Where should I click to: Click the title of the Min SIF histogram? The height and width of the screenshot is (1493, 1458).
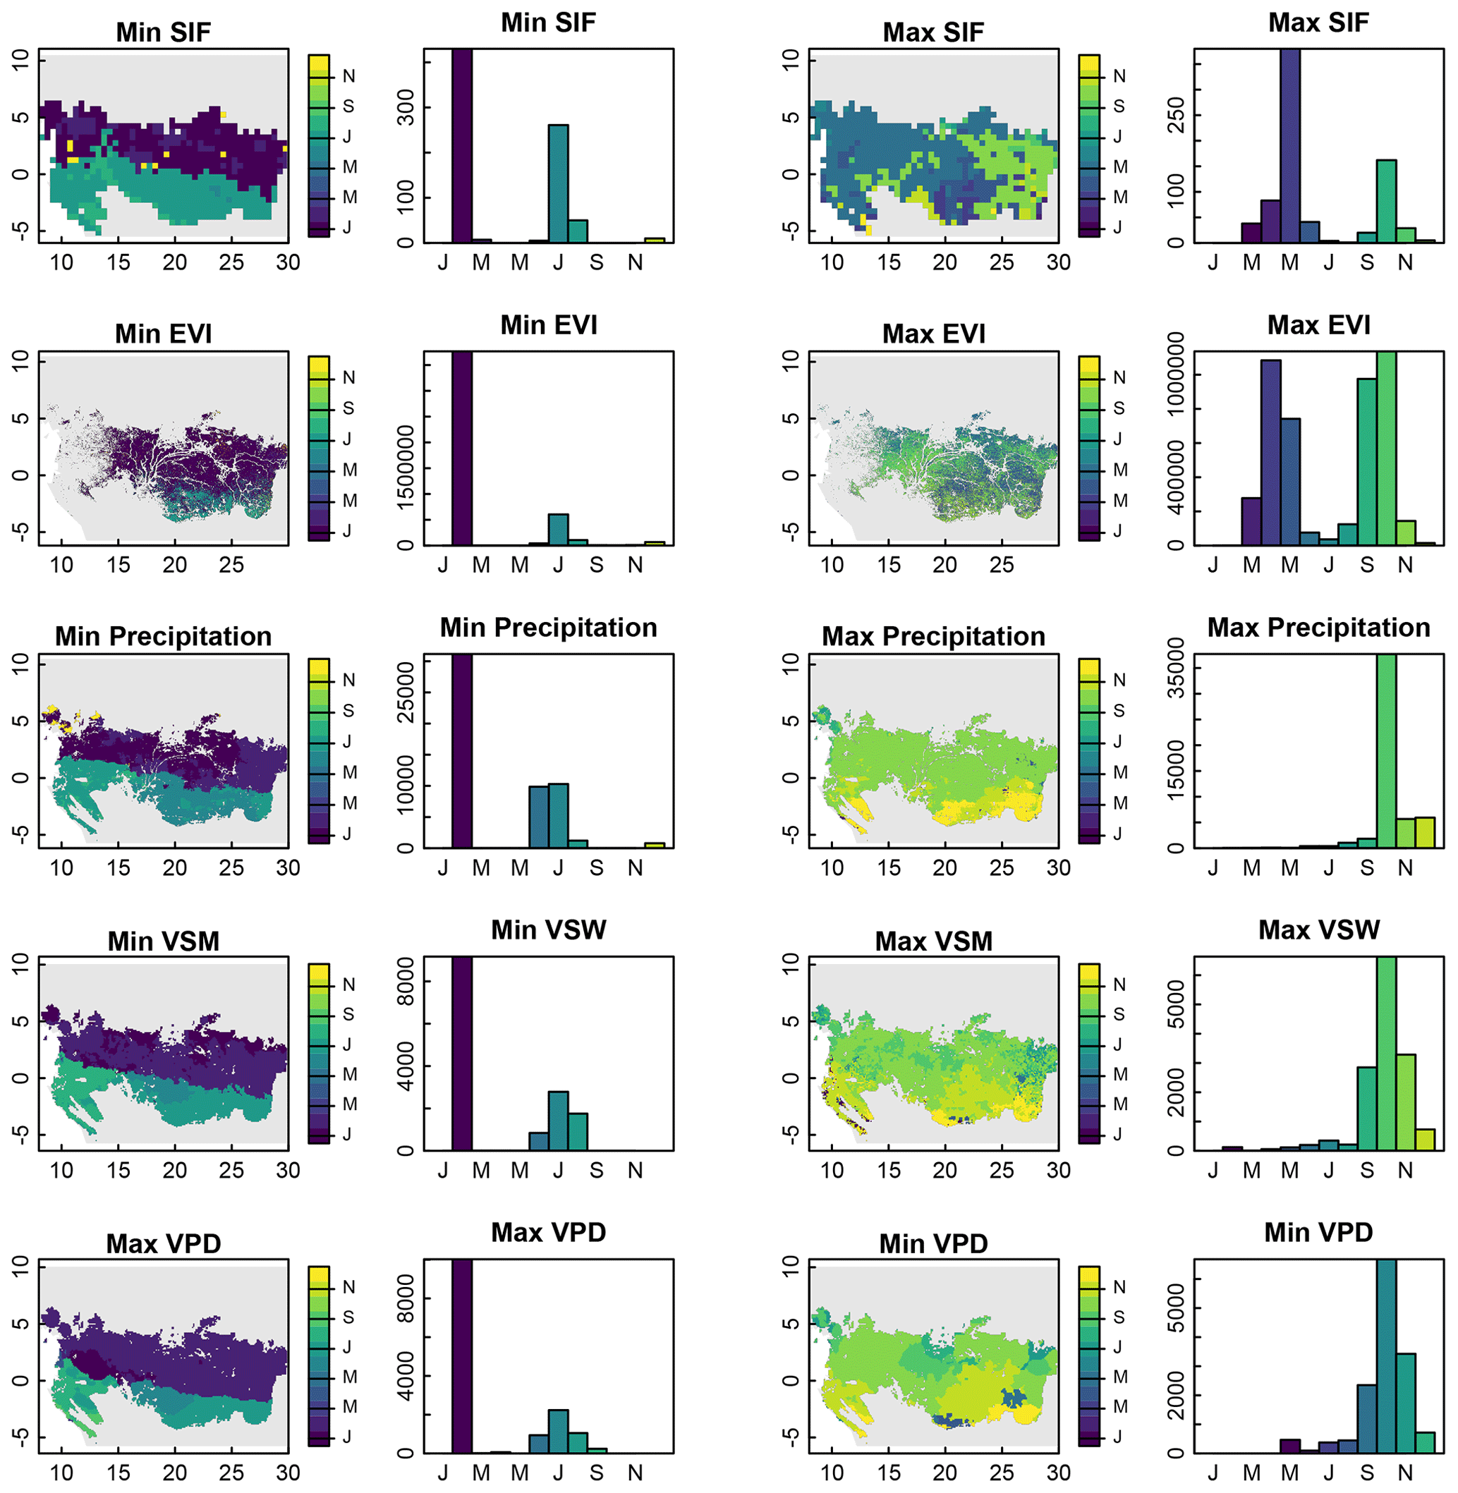click(548, 23)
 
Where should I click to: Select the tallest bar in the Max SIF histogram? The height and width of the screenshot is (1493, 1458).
click(1289, 145)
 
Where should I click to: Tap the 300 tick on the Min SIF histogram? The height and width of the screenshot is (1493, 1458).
click(406, 108)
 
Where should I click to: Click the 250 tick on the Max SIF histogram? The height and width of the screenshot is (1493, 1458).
click(1176, 116)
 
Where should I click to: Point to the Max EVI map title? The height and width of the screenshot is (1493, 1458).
click(933, 334)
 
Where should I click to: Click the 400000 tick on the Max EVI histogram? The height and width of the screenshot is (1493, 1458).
click(1176, 494)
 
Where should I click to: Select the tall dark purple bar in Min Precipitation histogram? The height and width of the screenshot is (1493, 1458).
click(462, 750)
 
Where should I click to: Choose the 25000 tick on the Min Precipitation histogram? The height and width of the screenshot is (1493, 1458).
click(406, 693)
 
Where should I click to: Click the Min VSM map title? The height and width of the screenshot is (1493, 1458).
click(163, 941)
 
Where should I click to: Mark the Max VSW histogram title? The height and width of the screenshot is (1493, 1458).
click(1318, 930)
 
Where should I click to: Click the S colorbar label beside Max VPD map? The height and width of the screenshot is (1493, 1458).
click(349, 1317)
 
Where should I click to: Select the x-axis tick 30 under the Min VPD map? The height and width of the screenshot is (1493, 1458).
click(1058, 1473)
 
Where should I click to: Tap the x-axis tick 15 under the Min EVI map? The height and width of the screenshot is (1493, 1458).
click(118, 565)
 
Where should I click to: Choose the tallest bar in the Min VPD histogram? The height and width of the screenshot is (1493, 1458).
click(1386, 1356)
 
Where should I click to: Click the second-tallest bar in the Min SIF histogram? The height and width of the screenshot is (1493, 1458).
click(558, 184)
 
